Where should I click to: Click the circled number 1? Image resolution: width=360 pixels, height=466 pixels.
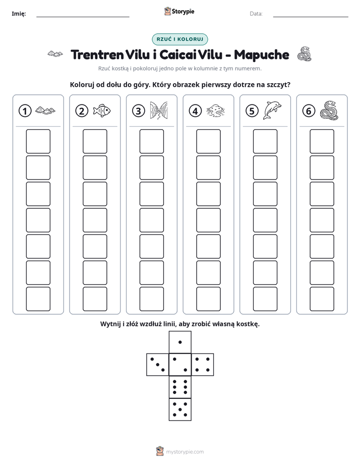25,111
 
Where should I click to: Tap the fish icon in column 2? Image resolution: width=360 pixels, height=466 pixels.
101,110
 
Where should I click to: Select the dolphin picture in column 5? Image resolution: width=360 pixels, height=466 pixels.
272,110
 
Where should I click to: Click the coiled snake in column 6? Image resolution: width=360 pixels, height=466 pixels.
329,110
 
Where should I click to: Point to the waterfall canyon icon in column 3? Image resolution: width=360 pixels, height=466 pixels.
159,110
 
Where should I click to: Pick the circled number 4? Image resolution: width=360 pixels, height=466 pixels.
195,111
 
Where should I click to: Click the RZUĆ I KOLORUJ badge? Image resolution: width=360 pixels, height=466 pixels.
179,39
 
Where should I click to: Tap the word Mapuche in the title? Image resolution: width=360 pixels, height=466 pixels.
261,55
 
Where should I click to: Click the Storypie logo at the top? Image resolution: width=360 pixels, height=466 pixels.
179,12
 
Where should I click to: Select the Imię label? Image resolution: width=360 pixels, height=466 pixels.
19,14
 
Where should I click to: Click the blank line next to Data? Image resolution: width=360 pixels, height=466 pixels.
311,17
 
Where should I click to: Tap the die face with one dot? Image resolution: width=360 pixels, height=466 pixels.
180,342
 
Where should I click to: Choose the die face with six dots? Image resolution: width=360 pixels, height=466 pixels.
180,387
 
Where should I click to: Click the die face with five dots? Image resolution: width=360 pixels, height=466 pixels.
180,409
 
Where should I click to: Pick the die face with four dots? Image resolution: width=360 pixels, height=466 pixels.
203,365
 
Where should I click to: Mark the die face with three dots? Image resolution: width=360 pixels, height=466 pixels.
158,365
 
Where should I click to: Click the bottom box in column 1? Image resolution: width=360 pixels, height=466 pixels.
38,299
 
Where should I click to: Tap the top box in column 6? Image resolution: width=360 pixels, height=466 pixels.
322,141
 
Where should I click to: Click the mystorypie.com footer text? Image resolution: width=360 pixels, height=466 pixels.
185,452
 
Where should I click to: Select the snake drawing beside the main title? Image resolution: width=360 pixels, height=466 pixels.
304,54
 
